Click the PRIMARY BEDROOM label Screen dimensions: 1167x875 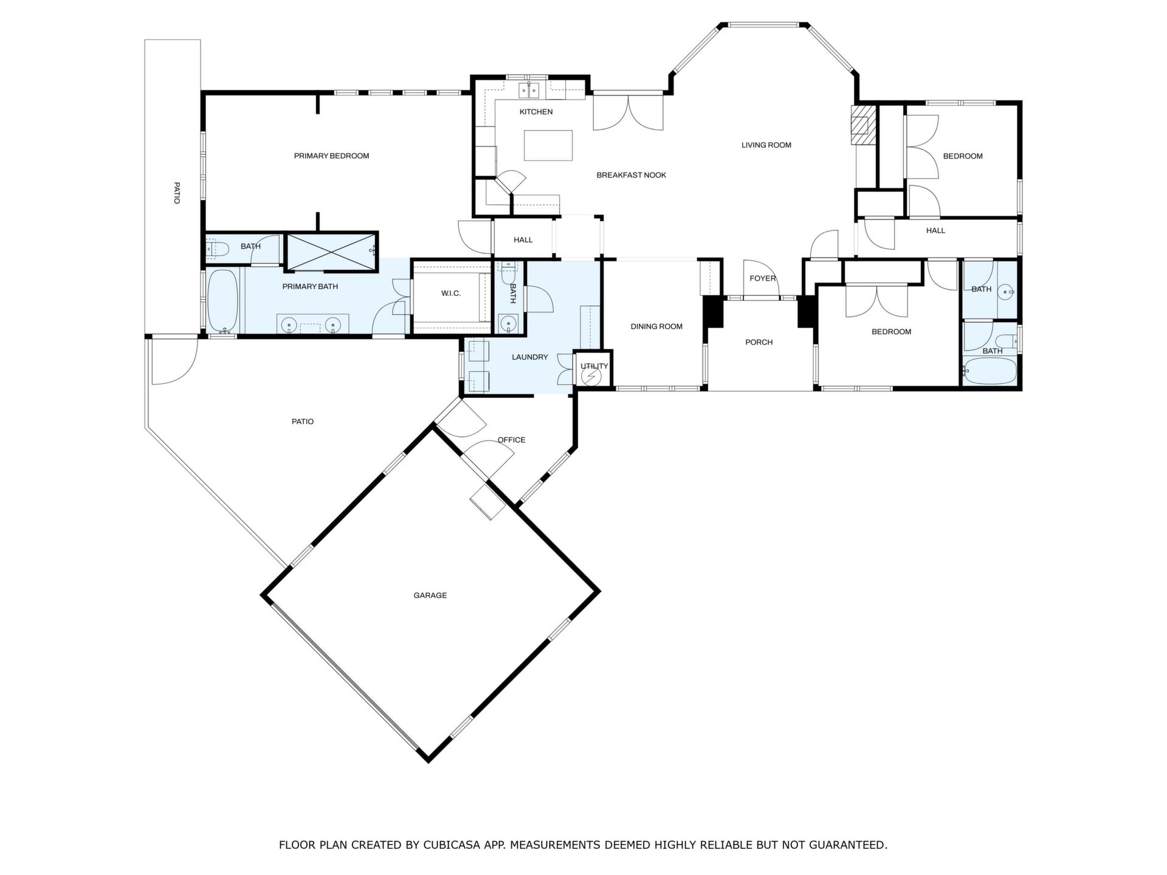coord(331,156)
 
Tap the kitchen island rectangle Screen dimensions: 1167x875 coord(548,145)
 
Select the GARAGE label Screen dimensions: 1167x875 coord(430,595)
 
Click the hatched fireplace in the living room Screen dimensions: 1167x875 coord(861,126)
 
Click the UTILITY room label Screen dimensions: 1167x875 coord(594,366)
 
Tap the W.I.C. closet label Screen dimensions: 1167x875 coord(451,293)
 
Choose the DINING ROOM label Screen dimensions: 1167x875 coord(656,326)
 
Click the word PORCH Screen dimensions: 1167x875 coord(759,342)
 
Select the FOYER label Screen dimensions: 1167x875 coord(763,278)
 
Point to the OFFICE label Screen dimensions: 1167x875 coord(511,440)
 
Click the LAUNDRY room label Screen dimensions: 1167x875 coord(530,357)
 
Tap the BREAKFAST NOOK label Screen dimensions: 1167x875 coord(631,175)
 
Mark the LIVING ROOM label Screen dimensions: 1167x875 coord(766,145)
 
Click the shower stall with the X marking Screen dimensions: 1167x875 coord(331,250)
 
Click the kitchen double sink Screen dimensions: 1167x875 coord(529,91)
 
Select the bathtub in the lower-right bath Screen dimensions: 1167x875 coord(990,371)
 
